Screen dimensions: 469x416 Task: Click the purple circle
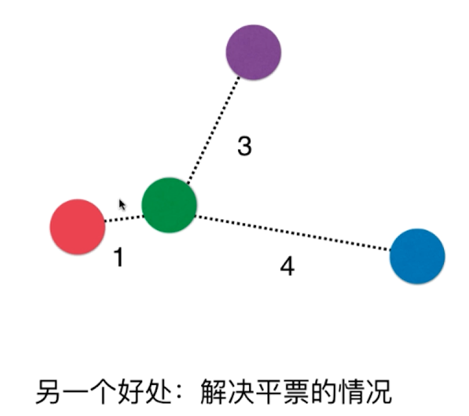coord(254,52)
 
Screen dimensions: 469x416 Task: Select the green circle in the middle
coord(169,205)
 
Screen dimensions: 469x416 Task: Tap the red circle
coord(78,227)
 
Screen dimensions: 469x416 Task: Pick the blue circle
coord(417,256)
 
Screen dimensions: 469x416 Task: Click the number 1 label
coord(118,257)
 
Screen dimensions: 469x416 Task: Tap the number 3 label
coord(245,146)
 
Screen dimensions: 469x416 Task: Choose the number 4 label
coord(287,267)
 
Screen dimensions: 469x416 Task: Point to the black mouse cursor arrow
coord(122,205)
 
